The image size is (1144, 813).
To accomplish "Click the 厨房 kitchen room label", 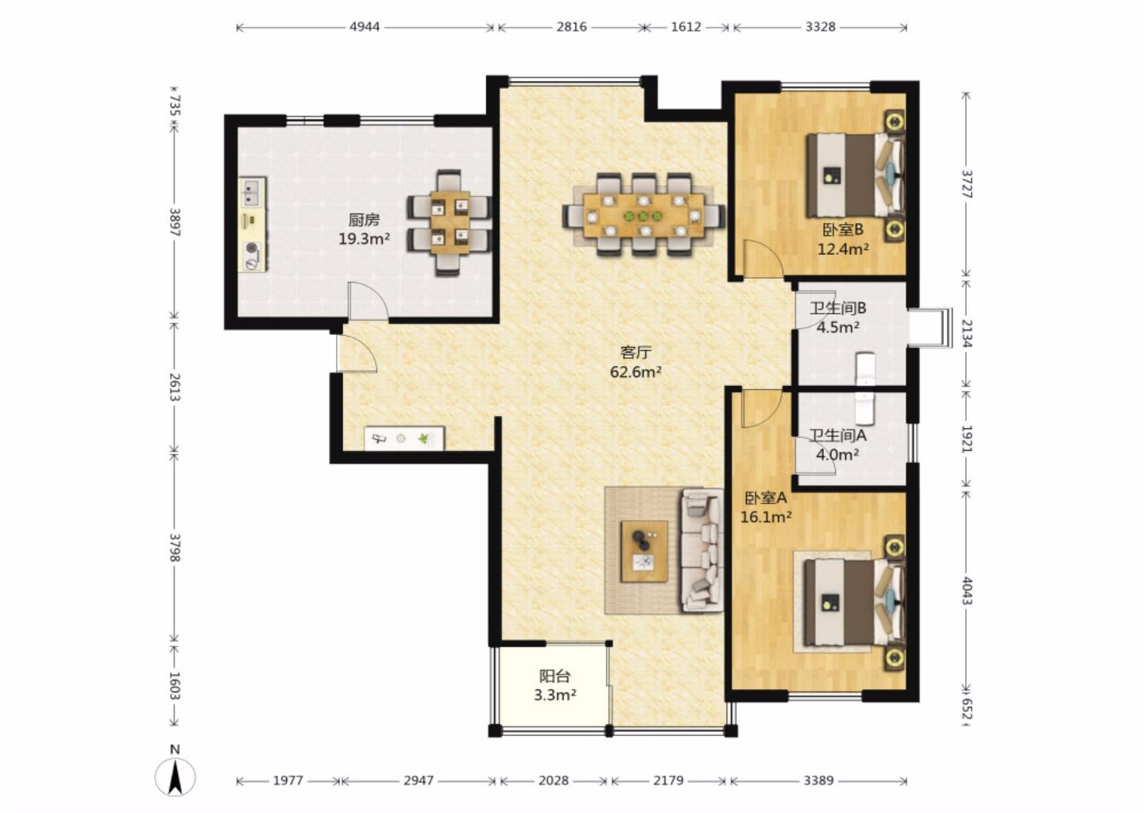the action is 364,220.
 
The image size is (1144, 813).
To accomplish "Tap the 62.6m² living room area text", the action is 636,372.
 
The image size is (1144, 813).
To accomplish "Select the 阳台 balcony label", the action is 555,676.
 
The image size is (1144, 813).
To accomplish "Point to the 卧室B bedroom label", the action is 843,229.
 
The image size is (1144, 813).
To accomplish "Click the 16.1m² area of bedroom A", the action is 766,517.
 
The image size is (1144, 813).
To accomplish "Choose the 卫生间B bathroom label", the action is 837,308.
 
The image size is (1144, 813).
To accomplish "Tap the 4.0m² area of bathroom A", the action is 837,453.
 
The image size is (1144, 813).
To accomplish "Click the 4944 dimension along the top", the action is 365,26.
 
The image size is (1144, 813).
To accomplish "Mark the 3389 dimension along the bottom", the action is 818,780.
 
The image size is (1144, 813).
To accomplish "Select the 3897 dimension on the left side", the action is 175,222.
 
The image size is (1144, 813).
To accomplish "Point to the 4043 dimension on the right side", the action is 967,590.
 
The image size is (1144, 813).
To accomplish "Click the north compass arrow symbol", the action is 175,777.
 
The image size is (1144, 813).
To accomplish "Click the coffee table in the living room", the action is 644,551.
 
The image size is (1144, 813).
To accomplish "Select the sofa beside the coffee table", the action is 702,550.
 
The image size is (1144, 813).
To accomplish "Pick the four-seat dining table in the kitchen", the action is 450,222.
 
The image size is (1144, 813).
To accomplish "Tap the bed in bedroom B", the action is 855,175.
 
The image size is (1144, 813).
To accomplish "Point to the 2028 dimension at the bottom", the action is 554,780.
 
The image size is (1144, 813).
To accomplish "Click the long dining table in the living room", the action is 643,215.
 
